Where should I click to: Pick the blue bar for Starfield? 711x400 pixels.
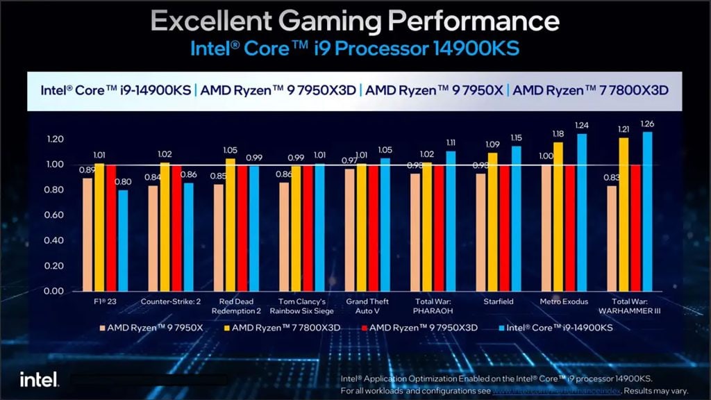pyautogui.click(x=516, y=218)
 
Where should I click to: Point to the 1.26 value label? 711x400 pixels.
pyautogui.click(x=647, y=124)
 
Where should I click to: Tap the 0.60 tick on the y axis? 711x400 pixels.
pyautogui.click(x=53, y=215)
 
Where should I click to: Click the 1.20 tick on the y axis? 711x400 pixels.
pyautogui.click(x=53, y=140)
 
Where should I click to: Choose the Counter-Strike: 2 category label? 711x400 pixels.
pyautogui.click(x=170, y=301)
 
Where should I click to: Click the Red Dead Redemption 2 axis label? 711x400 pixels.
pyautogui.click(x=235, y=306)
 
